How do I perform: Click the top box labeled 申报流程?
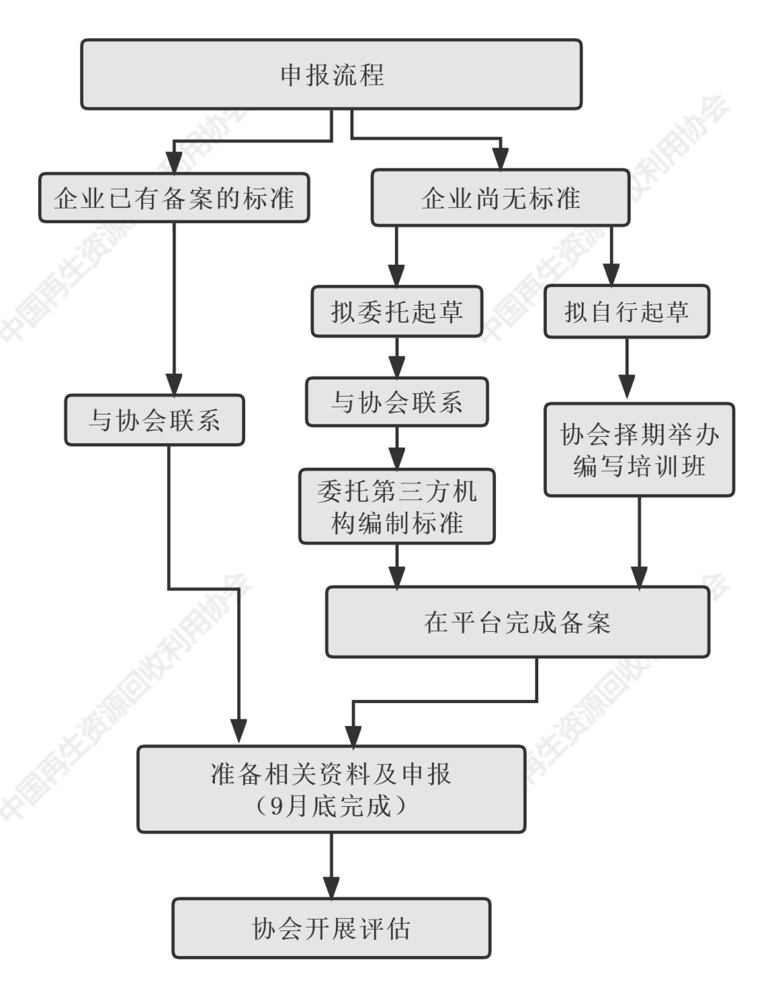[x=331, y=75]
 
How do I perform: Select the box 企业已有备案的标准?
[x=174, y=198]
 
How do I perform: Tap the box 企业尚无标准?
[x=500, y=198]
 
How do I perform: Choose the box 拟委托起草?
[x=396, y=312]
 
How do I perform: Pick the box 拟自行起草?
[x=626, y=312]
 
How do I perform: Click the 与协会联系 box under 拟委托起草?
[x=396, y=402]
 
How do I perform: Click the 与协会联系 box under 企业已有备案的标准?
[x=154, y=420]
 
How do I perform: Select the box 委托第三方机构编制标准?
[x=396, y=507]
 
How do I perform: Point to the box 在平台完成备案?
[x=517, y=623]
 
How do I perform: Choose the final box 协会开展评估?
[x=331, y=929]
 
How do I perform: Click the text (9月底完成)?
[x=331, y=806]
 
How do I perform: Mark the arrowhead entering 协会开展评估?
[x=331, y=888]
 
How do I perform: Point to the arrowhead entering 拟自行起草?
[x=611, y=276]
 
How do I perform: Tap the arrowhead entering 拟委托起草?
[x=396, y=276]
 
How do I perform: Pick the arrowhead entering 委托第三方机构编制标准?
[x=396, y=459]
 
